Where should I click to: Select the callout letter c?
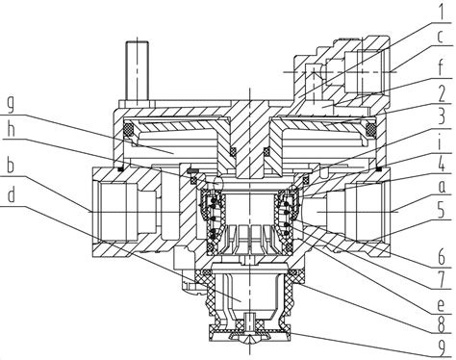[x=441, y=37]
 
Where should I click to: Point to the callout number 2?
[x=442, y=93]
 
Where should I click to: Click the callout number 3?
[x=442, y=117]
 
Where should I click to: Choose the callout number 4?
[x=442, y=164]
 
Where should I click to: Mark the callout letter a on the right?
[x=442, y=187]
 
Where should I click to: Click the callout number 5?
[x=442, y=210]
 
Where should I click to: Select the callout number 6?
[x=442, y=257]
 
